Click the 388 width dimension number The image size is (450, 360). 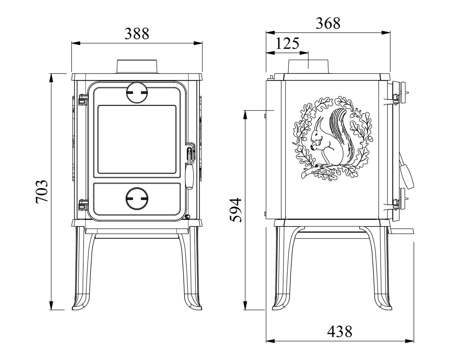click(x=137, y=34)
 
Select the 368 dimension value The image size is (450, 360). click(x=328, y=23)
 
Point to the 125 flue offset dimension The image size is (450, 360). click(x=288, y=43)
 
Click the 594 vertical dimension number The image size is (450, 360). click(x=235, y=210)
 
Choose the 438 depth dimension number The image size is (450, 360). click(x=340, y=331)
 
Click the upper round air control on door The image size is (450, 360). click(x=137, y=93)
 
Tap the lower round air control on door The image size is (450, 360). click(x=137, y=198)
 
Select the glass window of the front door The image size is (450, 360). click(x=137, y=139)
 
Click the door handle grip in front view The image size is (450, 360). click(x=189, y=176)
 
